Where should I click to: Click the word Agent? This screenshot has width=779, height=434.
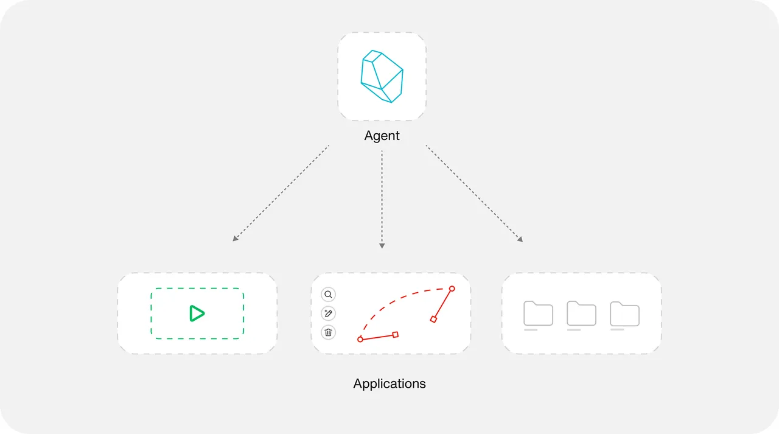point(382,136)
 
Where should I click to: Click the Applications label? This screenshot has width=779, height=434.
point(389,383)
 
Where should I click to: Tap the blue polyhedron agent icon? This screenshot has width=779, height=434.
point(382,77)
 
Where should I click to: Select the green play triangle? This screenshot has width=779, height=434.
point(197,313)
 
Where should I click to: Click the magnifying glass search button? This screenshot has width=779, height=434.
point(328,295)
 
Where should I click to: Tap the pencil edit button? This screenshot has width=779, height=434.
point(328,313)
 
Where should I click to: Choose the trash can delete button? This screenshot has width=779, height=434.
point(328,332)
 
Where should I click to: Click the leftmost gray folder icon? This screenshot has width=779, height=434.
point(538,313)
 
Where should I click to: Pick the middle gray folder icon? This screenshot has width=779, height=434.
point(581,313)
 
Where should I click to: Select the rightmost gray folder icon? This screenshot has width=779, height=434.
point(624,313)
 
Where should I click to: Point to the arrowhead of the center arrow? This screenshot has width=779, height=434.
point(382,246)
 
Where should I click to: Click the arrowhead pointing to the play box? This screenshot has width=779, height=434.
point(235,239)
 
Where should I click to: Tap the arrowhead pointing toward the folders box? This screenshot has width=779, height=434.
point(520,239)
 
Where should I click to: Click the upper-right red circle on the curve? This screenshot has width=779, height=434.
point(452,289)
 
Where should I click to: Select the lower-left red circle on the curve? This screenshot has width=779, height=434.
point(360,340)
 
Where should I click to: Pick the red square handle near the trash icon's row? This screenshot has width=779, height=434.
point(396,335)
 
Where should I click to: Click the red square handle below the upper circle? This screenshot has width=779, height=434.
point(433,319)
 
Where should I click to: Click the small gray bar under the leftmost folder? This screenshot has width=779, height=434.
point(531,330)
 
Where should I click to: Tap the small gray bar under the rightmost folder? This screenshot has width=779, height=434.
point(617,330)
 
